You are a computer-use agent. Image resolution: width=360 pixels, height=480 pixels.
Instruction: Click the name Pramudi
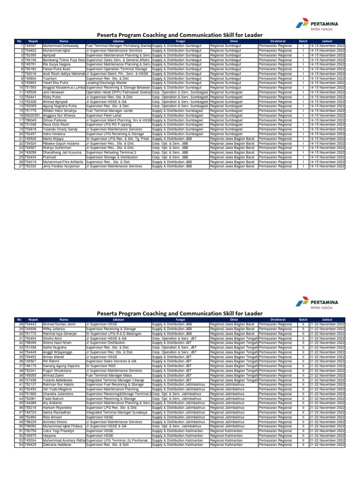(50, 157)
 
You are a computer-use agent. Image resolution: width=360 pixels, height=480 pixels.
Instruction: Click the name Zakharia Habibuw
(59, 444)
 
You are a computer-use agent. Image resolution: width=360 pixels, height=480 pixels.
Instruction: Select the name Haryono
(50, 435)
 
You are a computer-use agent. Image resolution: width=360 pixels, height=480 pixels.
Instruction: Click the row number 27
(21, 166)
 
